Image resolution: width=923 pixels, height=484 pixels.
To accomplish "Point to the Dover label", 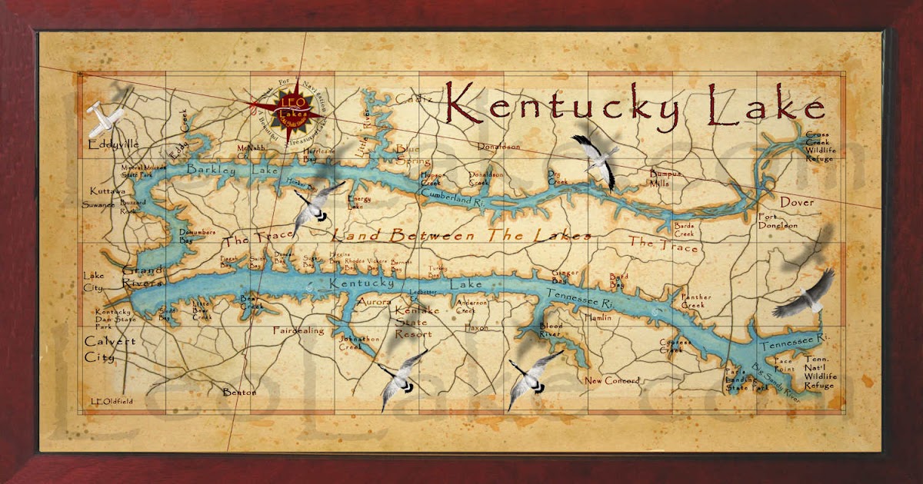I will pyautogui.click(x=796, y=202).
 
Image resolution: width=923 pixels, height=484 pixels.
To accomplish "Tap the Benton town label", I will pyautogui.click(x=239, y=392).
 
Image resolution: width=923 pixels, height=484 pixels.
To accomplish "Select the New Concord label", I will pyautogui.click(x=612, y=380).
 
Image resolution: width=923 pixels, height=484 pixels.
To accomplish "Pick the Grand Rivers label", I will pyautogui.click(x=142, y=277).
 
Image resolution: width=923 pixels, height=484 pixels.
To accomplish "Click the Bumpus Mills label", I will pyautogui.click(x=665, y=178).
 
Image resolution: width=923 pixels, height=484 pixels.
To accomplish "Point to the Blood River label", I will pyautogui.click(x=550, y=330).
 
